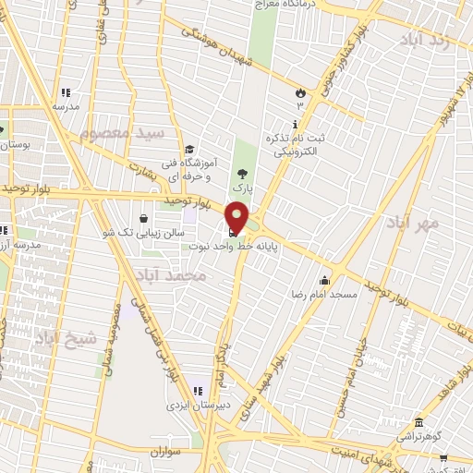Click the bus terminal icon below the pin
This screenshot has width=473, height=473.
(x=231, y=232)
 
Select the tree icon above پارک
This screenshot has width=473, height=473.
(x=242, y=173)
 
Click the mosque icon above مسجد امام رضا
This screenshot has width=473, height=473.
(x=324, y=280)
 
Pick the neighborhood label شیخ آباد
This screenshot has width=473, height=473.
(x=66, y=339)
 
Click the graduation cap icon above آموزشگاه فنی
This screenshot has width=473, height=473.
(x=189, y=150)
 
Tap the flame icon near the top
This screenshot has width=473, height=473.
(x=299, y=92)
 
